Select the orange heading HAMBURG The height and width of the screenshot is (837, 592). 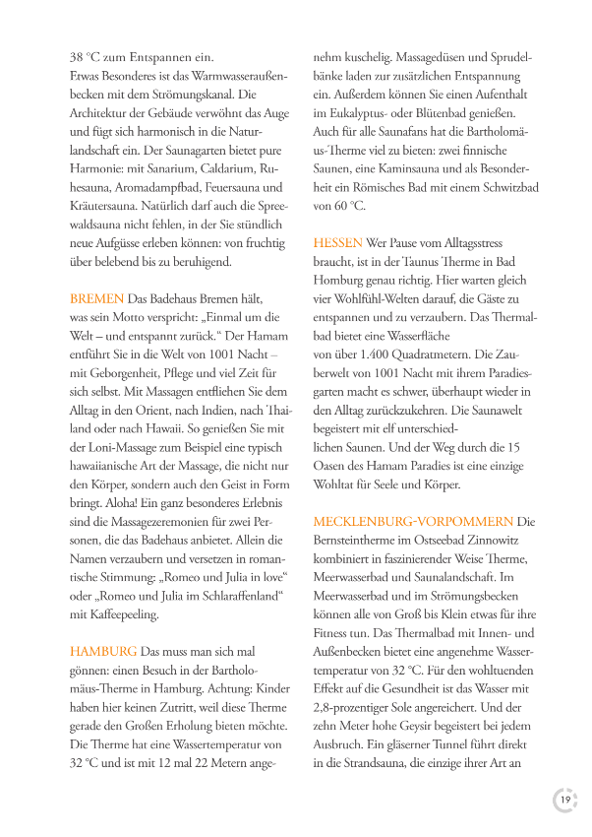(103, 652)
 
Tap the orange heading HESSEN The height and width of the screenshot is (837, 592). (337, 242)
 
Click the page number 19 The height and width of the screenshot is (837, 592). (565, 800)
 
